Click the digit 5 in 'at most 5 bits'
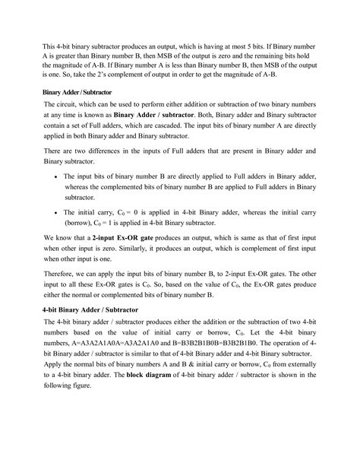click(x=236, y=46)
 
